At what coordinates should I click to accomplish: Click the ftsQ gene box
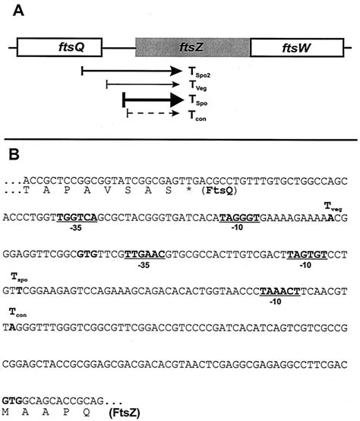click(x=59, y=48)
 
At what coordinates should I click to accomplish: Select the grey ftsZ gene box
click(x=193, y=48)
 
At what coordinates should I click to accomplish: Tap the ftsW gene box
click(x=297, y=48)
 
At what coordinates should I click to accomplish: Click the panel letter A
click(x=18, y=11)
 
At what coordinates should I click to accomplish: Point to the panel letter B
click(x=14, y=154)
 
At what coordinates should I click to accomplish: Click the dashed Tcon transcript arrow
click(x=153, y=113)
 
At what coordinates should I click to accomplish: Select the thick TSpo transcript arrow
click(x=153, y=100)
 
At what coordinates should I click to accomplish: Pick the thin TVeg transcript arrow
click(x=143, y=84)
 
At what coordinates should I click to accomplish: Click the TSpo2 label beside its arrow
click(x=199, y=72)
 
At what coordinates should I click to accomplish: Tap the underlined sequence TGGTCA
click(x=77, y=217)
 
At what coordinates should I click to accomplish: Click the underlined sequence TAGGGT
click(x=239, y=217)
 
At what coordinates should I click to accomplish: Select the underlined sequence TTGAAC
click(x=145, y=255)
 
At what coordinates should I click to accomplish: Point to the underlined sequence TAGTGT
click(x=307, y=255)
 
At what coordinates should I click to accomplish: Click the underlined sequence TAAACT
click(x=280, y=291)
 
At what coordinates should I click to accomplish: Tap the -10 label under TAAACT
click(x=276, y=302)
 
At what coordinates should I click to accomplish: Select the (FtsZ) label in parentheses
click(x=125, y=412)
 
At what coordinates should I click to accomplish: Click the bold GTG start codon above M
click(x=12, y=401)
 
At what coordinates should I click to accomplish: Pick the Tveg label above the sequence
click(x=333, y=207)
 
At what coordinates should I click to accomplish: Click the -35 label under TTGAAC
click(x=144, y=265)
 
